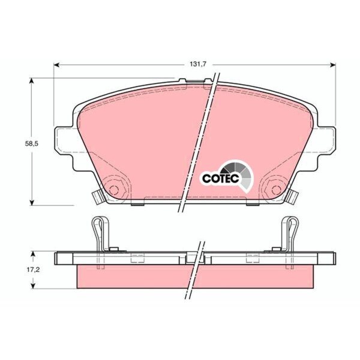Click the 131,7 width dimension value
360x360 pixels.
coord(198,64)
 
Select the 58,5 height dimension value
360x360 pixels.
coord(31,144)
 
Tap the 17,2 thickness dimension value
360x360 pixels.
coord(33,269)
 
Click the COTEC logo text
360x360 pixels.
coord(221,178)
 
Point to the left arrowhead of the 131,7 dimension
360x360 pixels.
coord(57,65)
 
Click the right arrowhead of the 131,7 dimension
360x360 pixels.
coord(332,65)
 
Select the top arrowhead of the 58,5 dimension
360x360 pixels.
coord(32,81)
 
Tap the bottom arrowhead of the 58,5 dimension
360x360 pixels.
coord(32,202)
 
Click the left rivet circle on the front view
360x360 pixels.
coord(113,190)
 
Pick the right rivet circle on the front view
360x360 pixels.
coord(276,190)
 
